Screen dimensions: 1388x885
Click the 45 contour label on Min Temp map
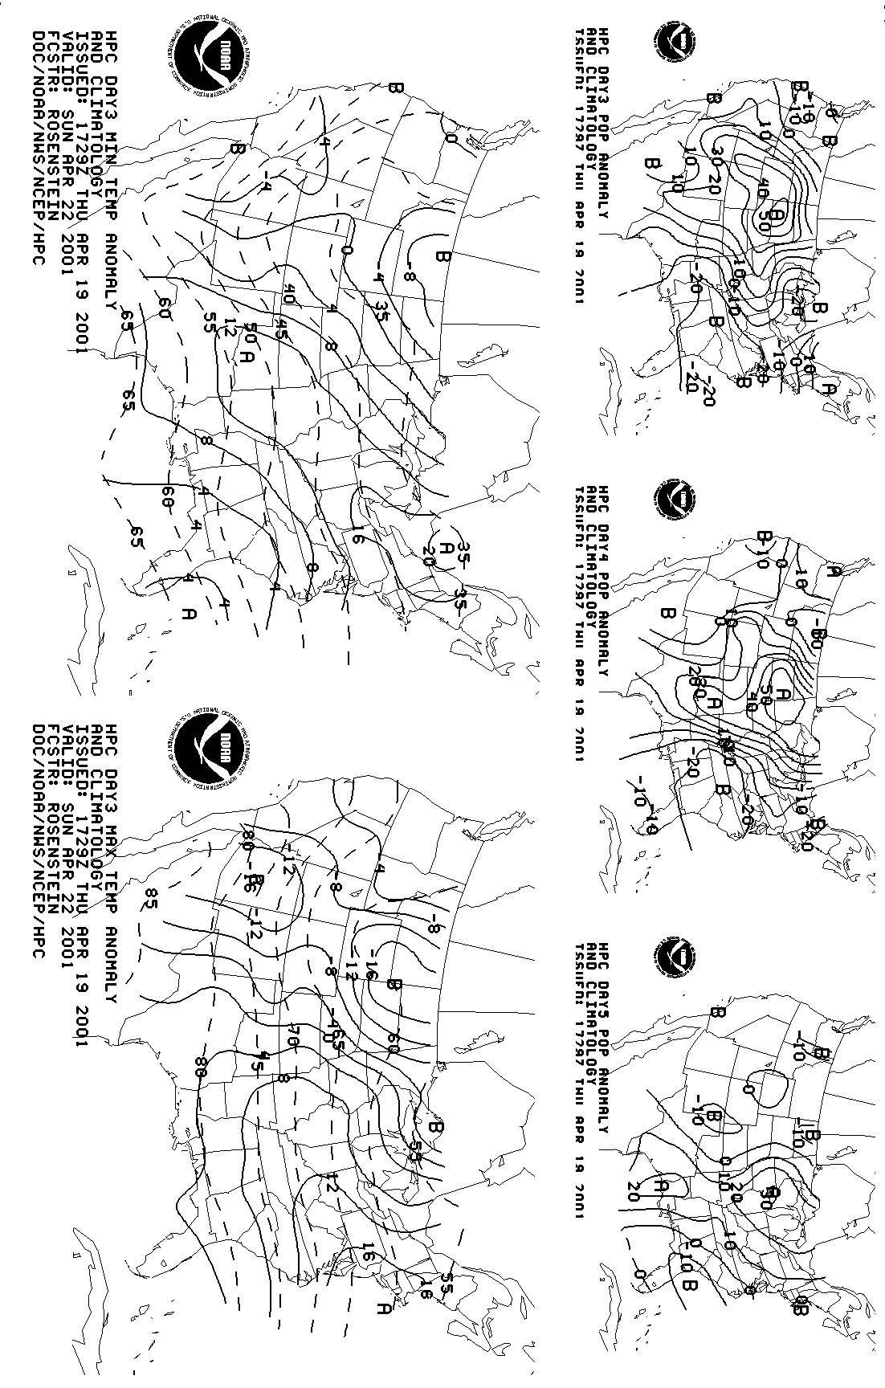281,329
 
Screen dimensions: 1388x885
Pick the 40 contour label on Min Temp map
288,295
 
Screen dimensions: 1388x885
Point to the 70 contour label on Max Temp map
292,1035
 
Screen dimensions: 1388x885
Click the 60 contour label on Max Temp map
393,1043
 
